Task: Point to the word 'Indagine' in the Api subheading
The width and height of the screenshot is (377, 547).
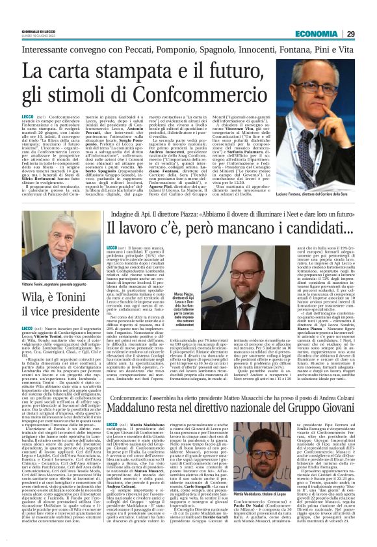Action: [x=123, y=212]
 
